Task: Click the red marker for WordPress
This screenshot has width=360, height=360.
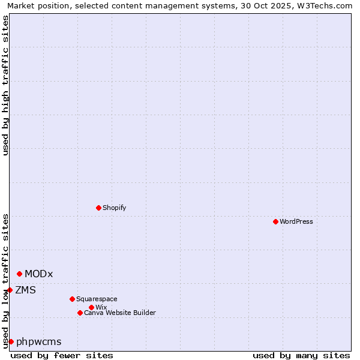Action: click(x=275, y=221)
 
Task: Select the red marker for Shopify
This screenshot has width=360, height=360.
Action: click(x=98, y=208)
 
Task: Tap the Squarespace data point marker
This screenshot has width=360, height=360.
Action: click(x=72, y=299)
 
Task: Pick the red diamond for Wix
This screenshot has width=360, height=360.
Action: click(x=91, y=307)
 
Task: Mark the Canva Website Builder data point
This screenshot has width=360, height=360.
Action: click(x=80, y=313)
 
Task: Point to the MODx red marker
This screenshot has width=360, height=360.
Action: click(x=19, y=274)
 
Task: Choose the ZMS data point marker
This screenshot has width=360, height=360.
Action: click(x=10, y=290)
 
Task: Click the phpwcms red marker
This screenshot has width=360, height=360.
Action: click(x=11, y=341)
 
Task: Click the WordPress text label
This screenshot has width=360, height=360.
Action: click(x=296, y=221)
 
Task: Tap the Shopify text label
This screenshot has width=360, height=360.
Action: click(x=115, y=208)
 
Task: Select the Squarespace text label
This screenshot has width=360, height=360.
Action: click(x=97, y=299)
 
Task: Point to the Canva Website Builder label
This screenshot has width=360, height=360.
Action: click(x=120, y=313)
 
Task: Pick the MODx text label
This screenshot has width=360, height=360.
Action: click(x=39, y=274)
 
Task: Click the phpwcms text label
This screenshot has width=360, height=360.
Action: click(x=39, y=342)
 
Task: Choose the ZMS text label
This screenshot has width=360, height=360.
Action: click(x=25, y=290)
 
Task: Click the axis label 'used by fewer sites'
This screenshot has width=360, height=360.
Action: click(x=62, y=355)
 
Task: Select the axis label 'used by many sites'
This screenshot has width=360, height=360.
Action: click(x=301, y=355)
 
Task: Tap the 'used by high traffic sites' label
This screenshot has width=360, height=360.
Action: click(x=5, y=85)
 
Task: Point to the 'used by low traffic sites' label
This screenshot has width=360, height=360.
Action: click(x=5, y=281)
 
